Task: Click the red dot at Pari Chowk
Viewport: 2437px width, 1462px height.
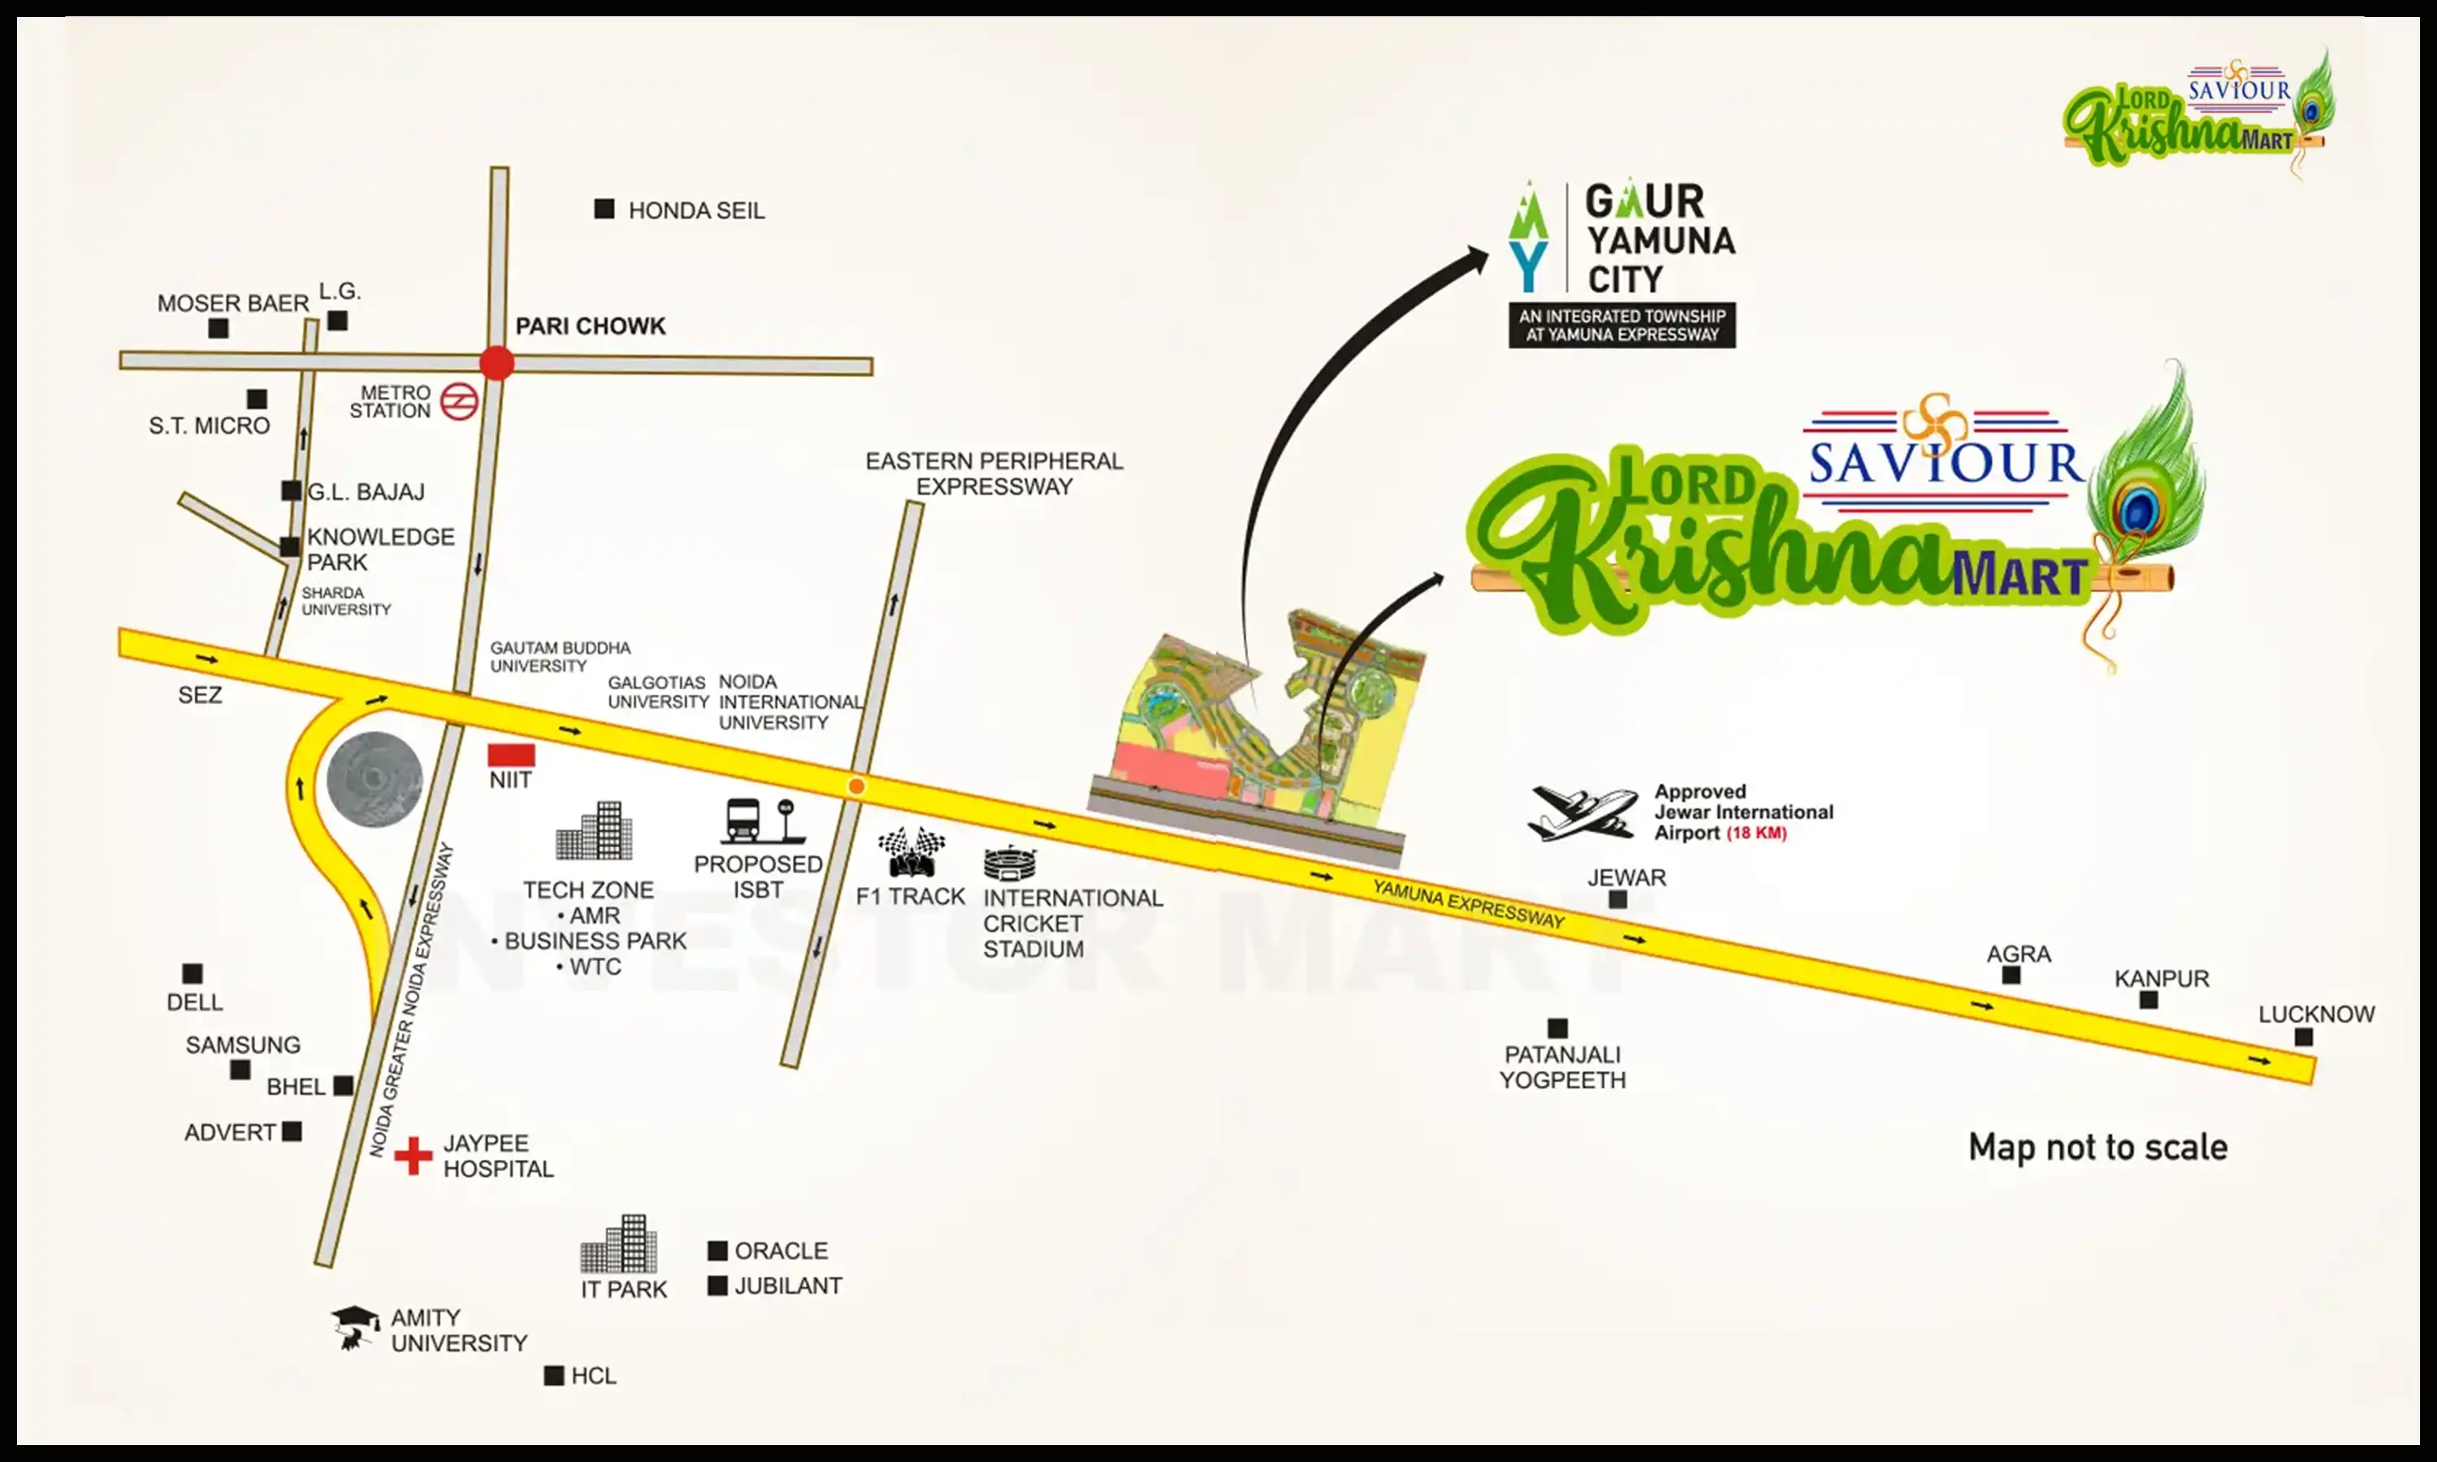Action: tap(496, 362)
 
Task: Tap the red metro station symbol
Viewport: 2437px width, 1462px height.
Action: tap(459, 402)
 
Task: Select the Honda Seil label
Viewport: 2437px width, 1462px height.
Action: tap(695, 211)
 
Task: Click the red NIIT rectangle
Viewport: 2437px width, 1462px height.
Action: tap(511, 755)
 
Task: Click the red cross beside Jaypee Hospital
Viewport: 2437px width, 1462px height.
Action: tap(413, 1156)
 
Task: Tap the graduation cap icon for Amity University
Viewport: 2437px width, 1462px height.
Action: tap(355, 1326)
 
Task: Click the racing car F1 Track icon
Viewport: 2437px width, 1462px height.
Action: tap(911, 852)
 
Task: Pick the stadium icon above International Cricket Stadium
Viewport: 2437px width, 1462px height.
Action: tap(1010, 863)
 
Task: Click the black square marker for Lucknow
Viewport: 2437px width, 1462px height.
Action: tap(2303, 1037)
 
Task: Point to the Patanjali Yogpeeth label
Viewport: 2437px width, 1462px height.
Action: tap(1562, 1067)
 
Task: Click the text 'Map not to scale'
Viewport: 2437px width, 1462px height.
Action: tap(2097, 1148)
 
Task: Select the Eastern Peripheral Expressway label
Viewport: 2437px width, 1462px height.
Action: tap(994, 474)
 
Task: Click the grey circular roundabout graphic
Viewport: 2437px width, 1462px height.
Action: tap(374, 779)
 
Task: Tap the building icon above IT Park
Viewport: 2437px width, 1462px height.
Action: tap(619, 1244)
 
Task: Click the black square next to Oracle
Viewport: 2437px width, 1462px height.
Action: tap(717, 1251)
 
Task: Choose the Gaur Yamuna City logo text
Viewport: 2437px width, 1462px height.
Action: tap(1659, 240)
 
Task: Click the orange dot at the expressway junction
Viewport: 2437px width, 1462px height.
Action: tap(856, 786)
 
